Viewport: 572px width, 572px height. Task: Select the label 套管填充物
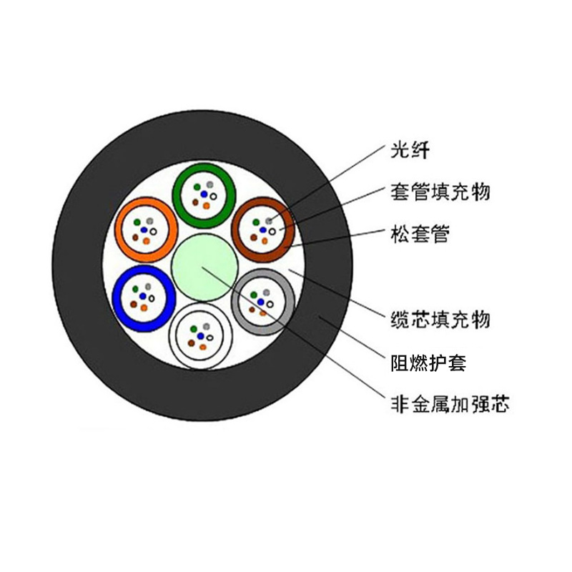point(440,192)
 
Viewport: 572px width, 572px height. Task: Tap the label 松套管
point(420,234)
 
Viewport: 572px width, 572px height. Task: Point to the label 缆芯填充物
point(440,319)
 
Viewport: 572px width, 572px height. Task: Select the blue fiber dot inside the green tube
point(204,193)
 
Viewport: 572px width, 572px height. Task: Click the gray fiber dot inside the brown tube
point(269,220)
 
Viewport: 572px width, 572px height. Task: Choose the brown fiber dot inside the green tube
point(194,202)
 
